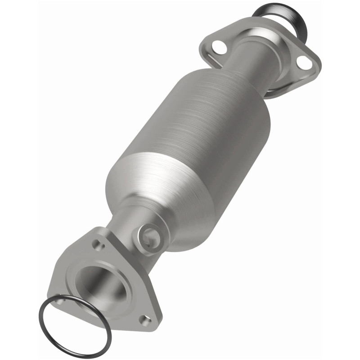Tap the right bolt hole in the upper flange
point(306,63)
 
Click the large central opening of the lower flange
point(97,283)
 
